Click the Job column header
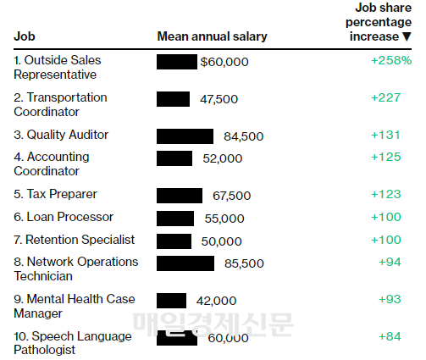[25, 36]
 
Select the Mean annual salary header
[212, 36]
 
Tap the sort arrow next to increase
[407, 36]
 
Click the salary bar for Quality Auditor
[185, 136]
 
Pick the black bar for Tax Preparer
[180, 196]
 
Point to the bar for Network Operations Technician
[185, 263]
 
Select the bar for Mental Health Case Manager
[171, 301]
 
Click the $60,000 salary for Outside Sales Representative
[224, 62]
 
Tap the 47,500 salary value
[219, 99]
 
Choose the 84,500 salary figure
[244, 136]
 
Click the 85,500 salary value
[244, 263]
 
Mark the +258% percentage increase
[391, 60]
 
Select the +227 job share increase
[385, 97]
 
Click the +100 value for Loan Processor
[386, 217]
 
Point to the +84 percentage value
[390, 336]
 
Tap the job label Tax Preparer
[55, 194]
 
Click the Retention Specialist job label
[75, 240]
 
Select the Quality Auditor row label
[61, 135]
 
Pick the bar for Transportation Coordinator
[173, 99]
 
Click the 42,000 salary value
[216, 301]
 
